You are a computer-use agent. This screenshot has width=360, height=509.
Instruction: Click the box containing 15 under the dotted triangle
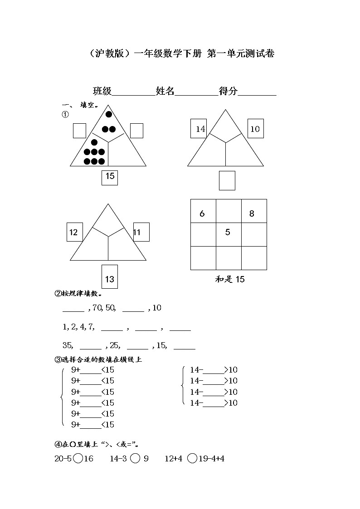(110, 177)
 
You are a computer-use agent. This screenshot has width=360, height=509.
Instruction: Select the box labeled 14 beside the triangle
(199, 129)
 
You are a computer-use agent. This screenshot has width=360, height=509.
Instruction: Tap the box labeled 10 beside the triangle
(255, 129)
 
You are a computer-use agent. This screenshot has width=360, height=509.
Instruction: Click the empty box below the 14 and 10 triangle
(227, 180)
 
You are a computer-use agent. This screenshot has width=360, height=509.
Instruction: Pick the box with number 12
(74, 233)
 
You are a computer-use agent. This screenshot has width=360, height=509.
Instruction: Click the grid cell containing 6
(203, 211)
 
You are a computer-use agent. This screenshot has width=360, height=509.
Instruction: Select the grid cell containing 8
(254, 211)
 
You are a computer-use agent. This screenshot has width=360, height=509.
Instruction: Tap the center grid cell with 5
(229, 234)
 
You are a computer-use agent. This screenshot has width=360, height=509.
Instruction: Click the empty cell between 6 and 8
(229, 211)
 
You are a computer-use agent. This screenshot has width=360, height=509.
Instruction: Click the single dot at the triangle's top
(109, 114)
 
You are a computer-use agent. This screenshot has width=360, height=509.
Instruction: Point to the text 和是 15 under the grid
(230, 279)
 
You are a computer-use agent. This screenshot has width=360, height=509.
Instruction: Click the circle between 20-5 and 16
(78, 459)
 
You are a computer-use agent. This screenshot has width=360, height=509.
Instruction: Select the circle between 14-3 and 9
(135, 459)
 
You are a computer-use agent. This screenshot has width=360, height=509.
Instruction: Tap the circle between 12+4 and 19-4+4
(192, 459)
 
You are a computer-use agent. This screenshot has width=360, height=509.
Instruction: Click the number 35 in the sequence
(68, 345)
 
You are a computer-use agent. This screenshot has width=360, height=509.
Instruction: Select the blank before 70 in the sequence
(73, 309)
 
